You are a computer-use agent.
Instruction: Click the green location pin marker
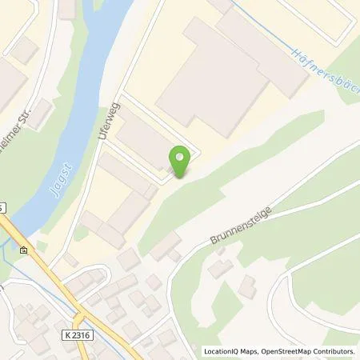coord(181,160)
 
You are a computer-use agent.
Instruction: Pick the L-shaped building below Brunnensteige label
coord(221,268)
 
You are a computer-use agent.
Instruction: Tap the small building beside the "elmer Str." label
coord(26,50)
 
